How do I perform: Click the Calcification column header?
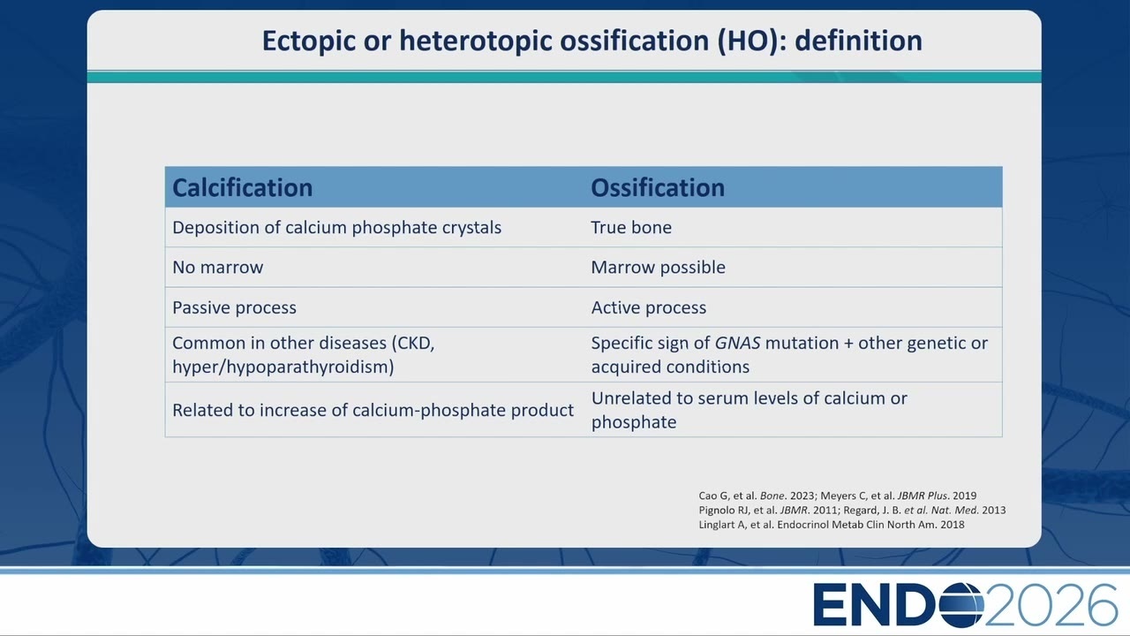tap(242, 188)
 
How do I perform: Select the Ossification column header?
tap(658, 188)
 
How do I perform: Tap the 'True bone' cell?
tap(631, 227)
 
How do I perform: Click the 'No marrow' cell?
tap(218, 267)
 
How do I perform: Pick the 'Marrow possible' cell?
tap(659, 267)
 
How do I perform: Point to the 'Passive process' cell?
tap(235, 307)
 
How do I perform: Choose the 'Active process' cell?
tap(649, 307)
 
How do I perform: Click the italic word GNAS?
tap(737, 344)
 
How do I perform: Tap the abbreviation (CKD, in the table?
tap(413, 344)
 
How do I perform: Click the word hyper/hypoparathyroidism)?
tap(283, 367)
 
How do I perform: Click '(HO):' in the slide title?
tap(752, 41)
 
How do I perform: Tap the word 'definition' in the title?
tap(859, 41)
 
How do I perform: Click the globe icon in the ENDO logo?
tap(961, 605)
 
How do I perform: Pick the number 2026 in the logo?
tap(1051, 605)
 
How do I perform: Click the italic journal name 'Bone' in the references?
tap(772, 496)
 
